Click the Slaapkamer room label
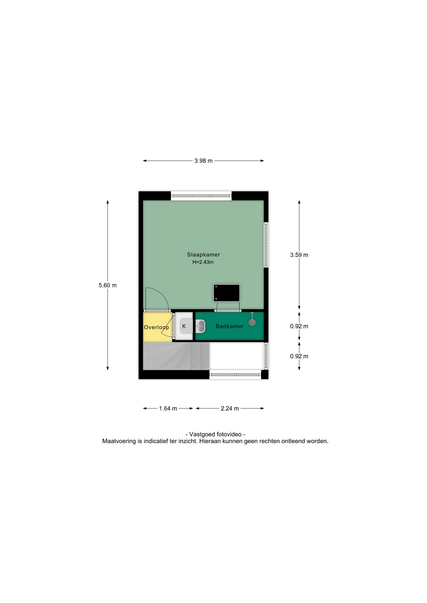[203, 255]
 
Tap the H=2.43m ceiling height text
[203, 262]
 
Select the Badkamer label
[230, 326]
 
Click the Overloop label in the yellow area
[157, 327]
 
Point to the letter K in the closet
[184, 326]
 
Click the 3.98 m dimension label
[203, 161]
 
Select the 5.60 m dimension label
[108, 285]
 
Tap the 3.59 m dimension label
[299, 255]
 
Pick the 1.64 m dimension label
[168, 409]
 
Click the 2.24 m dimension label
[230, 409]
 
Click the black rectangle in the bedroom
[227, 293]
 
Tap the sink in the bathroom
[200, 326]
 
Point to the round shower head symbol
[252, 322]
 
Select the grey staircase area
[176, 356]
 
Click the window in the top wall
[201, 196]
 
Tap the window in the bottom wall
[235, 375]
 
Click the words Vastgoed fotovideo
[215, 434]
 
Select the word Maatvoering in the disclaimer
[119, 441]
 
